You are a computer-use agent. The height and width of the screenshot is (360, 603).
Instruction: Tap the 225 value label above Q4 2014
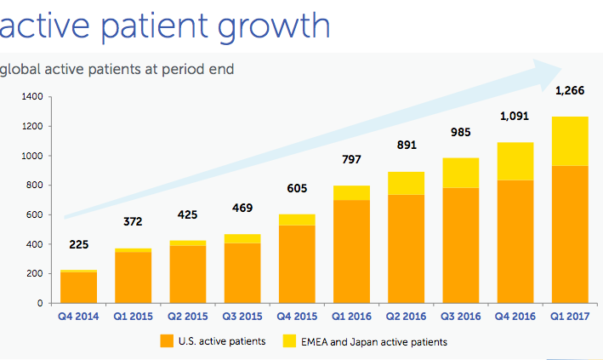(78, 244)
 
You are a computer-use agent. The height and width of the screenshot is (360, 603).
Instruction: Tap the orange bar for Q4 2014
(78, 287)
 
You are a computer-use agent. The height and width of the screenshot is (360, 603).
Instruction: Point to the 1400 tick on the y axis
(31, 97)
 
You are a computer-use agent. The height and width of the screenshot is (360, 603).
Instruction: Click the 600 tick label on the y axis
(34, 214)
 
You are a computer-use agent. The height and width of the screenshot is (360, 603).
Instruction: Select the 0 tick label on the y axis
(39, 303)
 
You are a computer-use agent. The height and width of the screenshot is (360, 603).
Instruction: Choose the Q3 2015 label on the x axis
(242, 317)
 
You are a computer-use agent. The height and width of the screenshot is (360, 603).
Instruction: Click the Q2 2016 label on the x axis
(405, 317)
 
